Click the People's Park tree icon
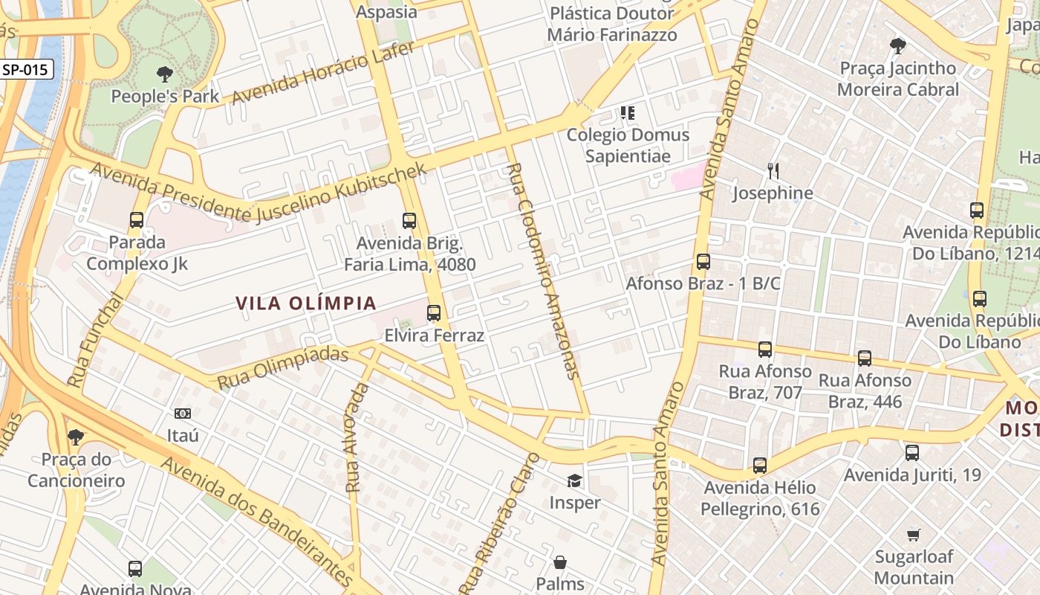pos(164,74)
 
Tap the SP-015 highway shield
pos(25,70)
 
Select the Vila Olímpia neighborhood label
pos(306,303)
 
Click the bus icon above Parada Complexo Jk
pos(137,220)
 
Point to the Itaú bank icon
pos(182,413)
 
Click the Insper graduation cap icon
pos(574,480)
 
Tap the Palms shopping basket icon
pos(560,562)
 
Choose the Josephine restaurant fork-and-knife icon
pos(773,172)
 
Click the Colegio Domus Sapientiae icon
pos(628,113)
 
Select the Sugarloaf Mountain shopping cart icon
pos(914,535)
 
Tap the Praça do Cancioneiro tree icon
pos(75,437)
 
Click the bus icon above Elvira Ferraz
pos(434,313)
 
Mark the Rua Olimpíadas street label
pos(282,367)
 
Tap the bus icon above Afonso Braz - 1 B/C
pos(703,262)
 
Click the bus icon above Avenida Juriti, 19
pos(912,452)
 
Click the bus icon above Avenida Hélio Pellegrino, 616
pos(759,466)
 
